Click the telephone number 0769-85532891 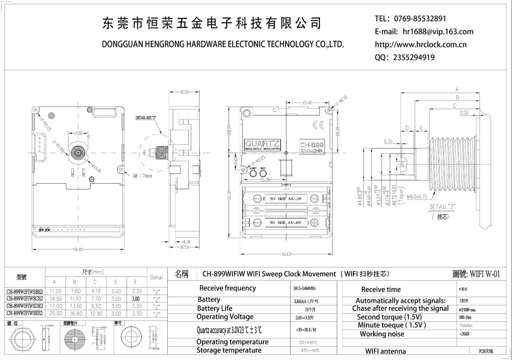point(420,19)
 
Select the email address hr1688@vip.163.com point(438,31)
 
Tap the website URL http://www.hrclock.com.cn point(420,44)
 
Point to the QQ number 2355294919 point(413,58)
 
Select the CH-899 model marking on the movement point(311,145)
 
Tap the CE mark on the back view point(318,125)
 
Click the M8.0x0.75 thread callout point(417,197)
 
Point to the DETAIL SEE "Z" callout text point(146,118)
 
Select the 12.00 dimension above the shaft point(78,133)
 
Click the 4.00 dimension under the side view point(186,242)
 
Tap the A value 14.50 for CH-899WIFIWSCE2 point(56,299)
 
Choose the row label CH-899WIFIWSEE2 point(25,313)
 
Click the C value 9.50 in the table point(96,306)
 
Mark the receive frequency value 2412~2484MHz point(304,288)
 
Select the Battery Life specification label point(215,308)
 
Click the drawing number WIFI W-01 point(484,274)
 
